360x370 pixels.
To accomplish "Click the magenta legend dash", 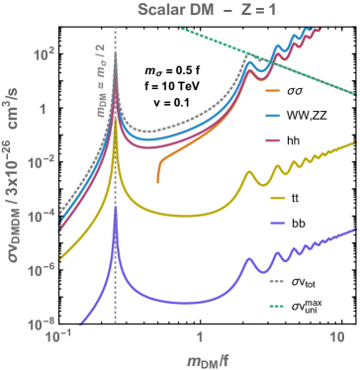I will pyautogui.click(x=274, y=140).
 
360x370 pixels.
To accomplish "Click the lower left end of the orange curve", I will pyautogui.click(x=159, y=181).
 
